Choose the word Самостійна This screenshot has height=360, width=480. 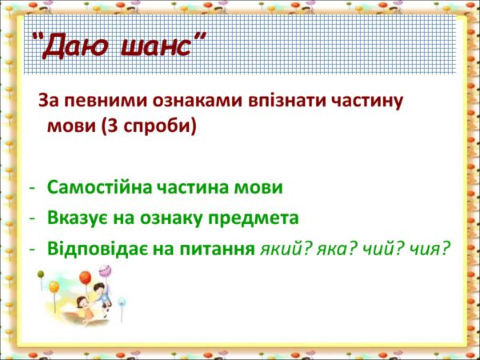(x=99, y=187)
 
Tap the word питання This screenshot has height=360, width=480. (x=218, y=249)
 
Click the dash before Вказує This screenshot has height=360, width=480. (x=32, y=219)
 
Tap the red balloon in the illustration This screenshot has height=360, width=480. (x=85, y=278)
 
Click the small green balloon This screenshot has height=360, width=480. (x=41, y=274)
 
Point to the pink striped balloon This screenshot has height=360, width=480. (x=105, y=271)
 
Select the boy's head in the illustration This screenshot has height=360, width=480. (x=99, y=288)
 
